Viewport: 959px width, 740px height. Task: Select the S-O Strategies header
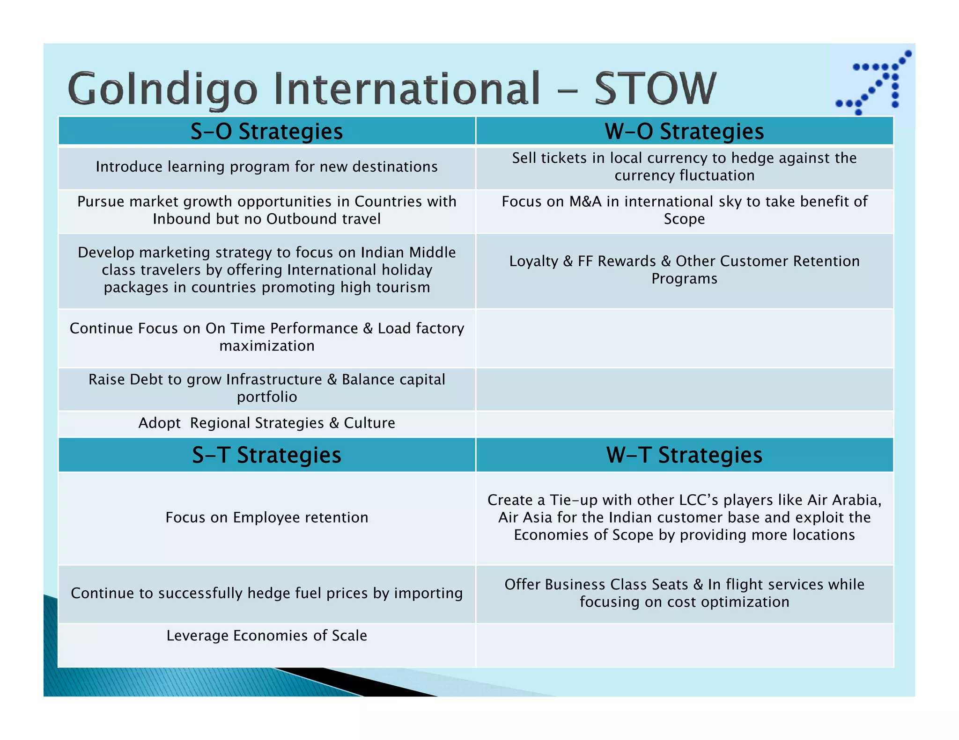[x=266, y=131]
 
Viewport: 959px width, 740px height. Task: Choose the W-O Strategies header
[x=684, y=131]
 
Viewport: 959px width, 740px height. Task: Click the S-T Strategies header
[x=266, y=455]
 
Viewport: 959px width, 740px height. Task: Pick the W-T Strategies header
[x=684, y=455]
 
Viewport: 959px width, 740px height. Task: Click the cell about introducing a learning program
[x=266, y=167]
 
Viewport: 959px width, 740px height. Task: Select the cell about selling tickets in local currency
[x=684, y=167]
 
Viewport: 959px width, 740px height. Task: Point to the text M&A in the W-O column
[x=585, y=202]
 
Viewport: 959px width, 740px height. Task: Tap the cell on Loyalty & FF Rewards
[x=684, y=270]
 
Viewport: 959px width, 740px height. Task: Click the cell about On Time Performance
[x=266, y=337]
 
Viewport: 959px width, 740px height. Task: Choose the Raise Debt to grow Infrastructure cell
[x=266, y=388]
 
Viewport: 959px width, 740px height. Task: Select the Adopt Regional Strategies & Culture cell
[x=266, y=423]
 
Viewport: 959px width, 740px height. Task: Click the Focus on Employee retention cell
[x=266, y=517]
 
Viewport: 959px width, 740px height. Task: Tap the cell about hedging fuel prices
[x=266, y=593]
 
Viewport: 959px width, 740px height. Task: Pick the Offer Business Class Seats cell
[x=684, y=593]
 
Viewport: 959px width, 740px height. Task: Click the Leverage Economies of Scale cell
[x=266, y=636]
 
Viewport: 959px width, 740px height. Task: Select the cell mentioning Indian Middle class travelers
[x=266, y=270]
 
